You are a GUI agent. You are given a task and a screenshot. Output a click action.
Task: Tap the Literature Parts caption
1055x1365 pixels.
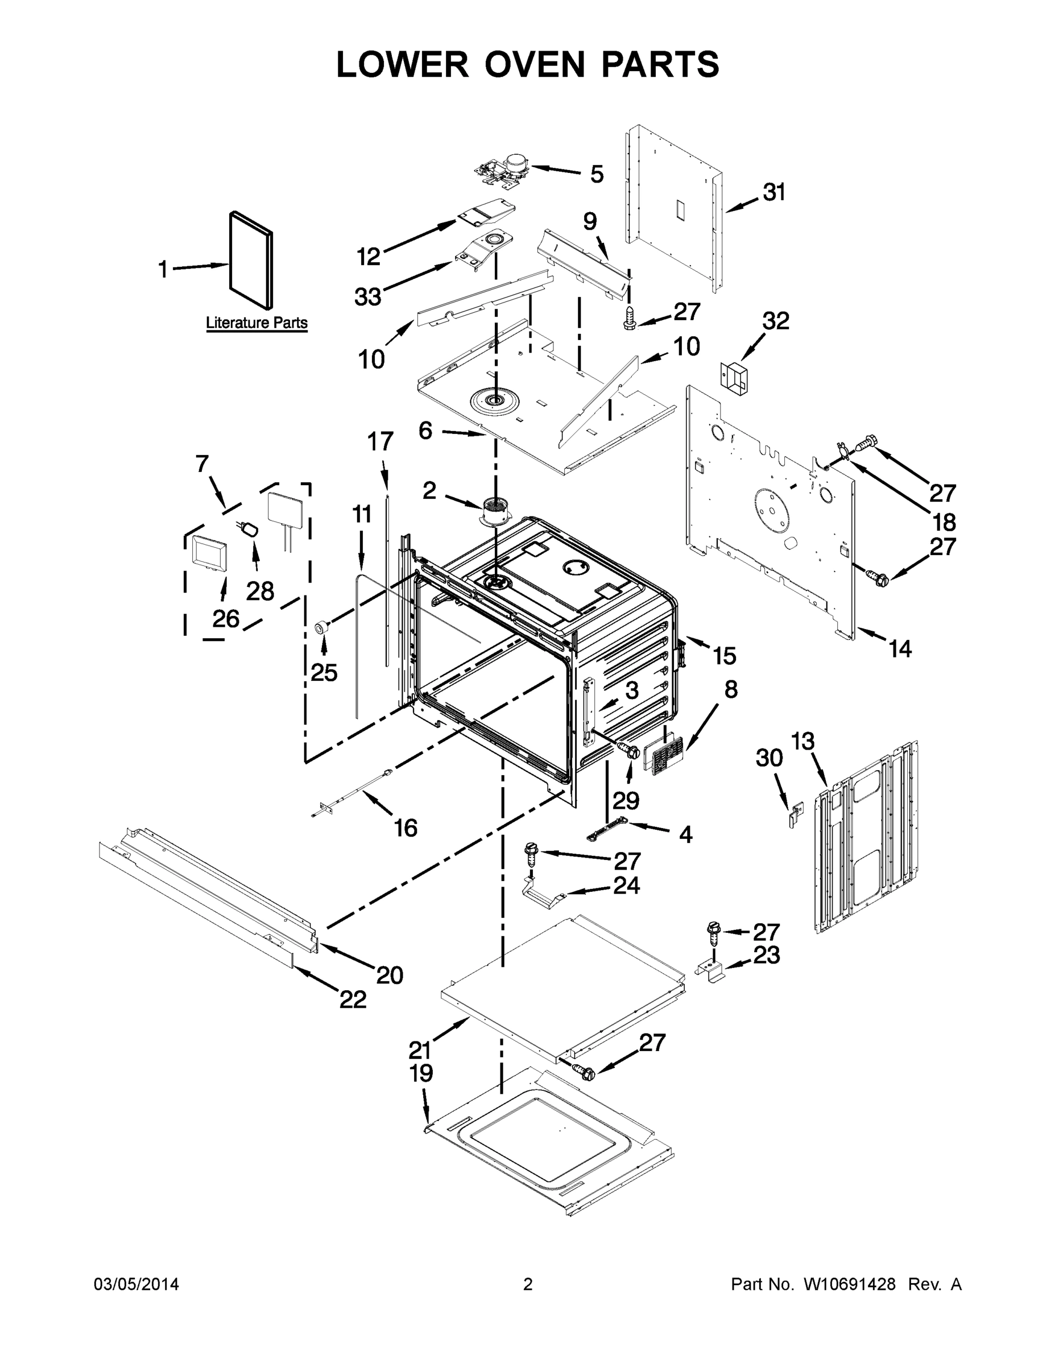(256, 323)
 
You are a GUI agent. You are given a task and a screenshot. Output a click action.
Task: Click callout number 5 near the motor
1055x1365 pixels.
(597, 175)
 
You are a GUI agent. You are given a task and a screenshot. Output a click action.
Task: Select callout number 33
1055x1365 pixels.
(367, 296)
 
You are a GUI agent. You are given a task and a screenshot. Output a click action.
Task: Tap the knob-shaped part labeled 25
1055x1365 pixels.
(322, 627)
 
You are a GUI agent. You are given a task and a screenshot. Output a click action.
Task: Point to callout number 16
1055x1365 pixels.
(405, 828)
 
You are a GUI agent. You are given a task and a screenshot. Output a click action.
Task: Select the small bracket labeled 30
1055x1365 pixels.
(795, 815)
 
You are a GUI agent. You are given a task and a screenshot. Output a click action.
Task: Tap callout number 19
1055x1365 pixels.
(421, 1073)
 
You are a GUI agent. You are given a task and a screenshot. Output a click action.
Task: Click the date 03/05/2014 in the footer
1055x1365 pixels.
(136, 1284)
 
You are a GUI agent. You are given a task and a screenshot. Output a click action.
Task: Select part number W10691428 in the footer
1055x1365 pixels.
(849, 1284)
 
